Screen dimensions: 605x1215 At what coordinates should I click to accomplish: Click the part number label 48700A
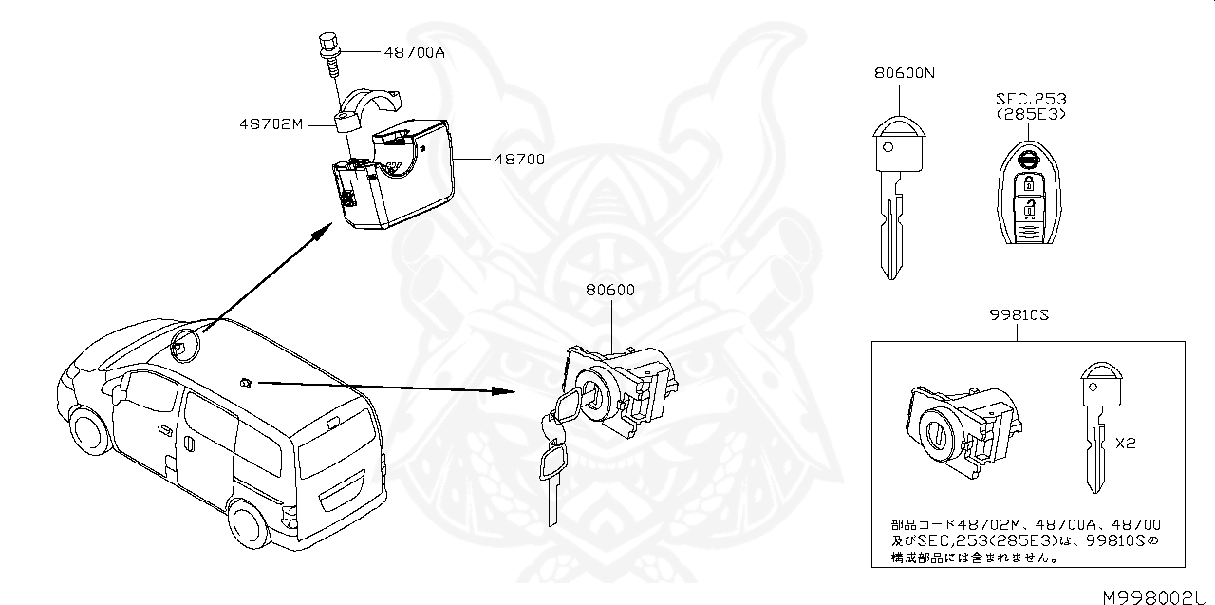coord(415,52)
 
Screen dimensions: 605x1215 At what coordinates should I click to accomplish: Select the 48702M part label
coord(271,123)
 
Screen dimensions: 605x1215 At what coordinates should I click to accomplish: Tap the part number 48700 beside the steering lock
coord(518,160)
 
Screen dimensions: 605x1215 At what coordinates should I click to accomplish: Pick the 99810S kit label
coord(1017,315)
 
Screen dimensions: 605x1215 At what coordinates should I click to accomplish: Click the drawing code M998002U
coord(1157,596)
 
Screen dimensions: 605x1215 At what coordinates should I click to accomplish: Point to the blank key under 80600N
coord(890,199)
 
